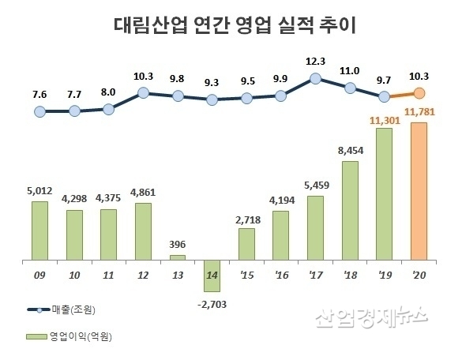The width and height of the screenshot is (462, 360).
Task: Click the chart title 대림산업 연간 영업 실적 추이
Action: [x=231, y=25]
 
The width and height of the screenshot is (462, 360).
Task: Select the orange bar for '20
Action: [x=419, y=192]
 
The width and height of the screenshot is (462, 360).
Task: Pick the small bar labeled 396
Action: [x=178, y=257]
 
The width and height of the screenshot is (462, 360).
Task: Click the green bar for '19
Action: [x=384, y=194]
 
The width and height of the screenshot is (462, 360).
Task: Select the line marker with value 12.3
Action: [x=315, y=78]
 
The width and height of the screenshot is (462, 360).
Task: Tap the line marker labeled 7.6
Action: [x=40, y=111]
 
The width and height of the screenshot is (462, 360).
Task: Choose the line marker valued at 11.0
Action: [x=350, y=87]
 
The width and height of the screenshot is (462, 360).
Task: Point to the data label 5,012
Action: [x=40, y=190]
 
